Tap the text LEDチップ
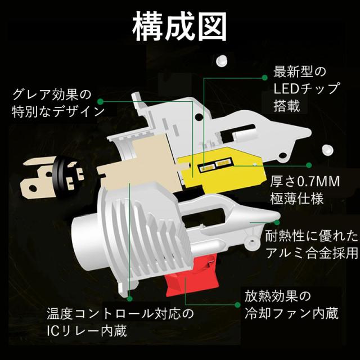click(306, 88)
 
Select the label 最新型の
click(299, 73)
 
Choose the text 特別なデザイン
click(58, 110)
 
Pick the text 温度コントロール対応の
click(120, 313)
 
